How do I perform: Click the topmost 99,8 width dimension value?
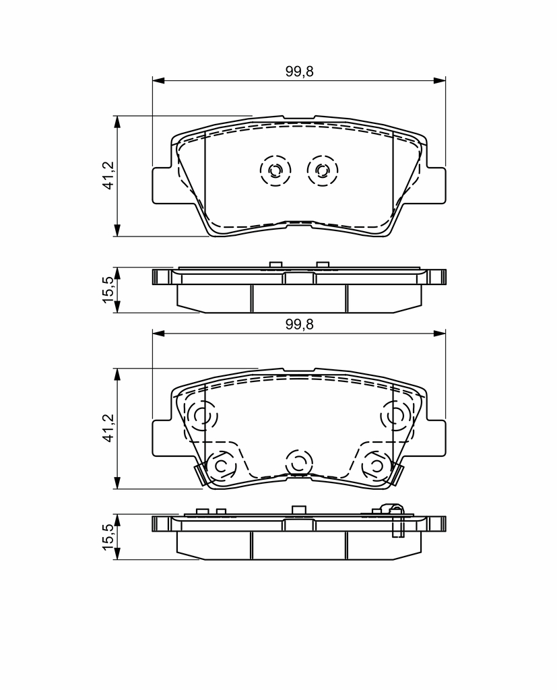pos(299,71)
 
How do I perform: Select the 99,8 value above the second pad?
pos(299,324)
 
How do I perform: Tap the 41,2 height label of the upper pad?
pos(108,176)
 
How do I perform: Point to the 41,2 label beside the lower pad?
pos(108,428)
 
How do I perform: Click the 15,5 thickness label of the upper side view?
pos(108,290)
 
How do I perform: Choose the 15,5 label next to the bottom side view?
pos(108,536)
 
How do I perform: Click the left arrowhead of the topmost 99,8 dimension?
pos(158,81)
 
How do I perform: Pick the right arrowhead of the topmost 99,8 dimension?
pos(440,81)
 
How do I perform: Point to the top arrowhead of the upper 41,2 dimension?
pos(117,122)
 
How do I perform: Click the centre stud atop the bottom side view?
pos(299,509)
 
